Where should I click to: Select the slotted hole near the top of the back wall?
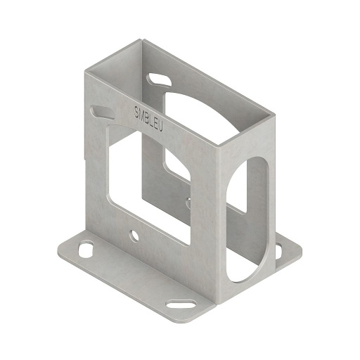pyautogui.click(x=159, y=78)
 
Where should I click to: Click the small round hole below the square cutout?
pyautogui.click(x=134, y=233)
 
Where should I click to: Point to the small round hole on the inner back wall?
pyautogui.click(x=188, y=205)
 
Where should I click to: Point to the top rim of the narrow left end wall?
pyautogui.click(x=112, y=56)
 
